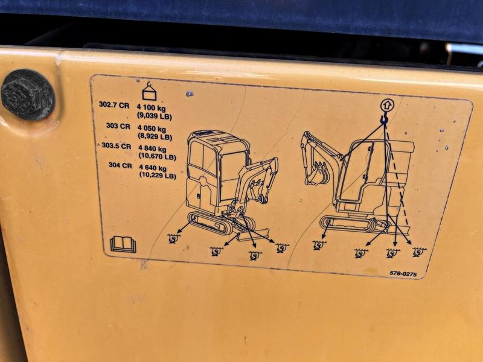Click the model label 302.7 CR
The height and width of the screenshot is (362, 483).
[x=114, y=104]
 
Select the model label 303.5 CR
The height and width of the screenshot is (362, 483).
[x=117, y=145]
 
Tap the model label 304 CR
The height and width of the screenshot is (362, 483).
[x=120, y=165]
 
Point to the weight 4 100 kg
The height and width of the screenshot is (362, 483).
[x=152, y=108]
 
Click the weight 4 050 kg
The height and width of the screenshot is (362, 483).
[x=152, y=129]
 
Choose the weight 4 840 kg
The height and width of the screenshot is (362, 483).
[x=153, y=149]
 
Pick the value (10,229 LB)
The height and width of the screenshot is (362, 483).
[x=158, y=175]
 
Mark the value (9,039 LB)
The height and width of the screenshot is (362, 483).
[x=155, y=116]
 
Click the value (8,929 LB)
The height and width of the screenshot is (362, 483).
[x=155, y=137]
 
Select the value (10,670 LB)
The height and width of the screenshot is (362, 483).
[x=158, y=156]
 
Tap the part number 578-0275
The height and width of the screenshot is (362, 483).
[x=403, y=273]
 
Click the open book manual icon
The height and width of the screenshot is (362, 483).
[x=123, y=244]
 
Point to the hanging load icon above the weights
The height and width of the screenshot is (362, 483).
[x=149, y=91]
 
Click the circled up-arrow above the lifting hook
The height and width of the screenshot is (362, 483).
[x=386, y=105]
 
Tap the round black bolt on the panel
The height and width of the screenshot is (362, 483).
[x=28, y=95]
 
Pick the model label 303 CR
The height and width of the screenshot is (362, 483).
[x=118, y=125]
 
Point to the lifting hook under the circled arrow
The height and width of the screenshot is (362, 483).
[x=384, y=118]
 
